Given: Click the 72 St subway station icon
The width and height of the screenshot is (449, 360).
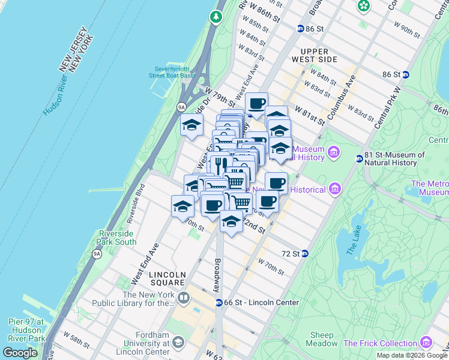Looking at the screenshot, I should point(305,254).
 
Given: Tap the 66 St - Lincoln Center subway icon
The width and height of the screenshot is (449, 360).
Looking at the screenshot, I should point(219,302).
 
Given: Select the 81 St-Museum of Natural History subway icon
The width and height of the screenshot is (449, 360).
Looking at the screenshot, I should point(359,159).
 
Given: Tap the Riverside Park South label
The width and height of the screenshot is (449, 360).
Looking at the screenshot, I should point(117,238).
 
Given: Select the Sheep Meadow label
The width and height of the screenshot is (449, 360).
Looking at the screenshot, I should point(324,339).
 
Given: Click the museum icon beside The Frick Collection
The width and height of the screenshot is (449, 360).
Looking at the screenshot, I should point(427,343).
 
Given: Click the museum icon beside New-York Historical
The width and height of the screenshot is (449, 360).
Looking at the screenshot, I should point(335,190).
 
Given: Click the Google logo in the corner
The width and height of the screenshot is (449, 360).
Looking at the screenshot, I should point(20,353).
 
